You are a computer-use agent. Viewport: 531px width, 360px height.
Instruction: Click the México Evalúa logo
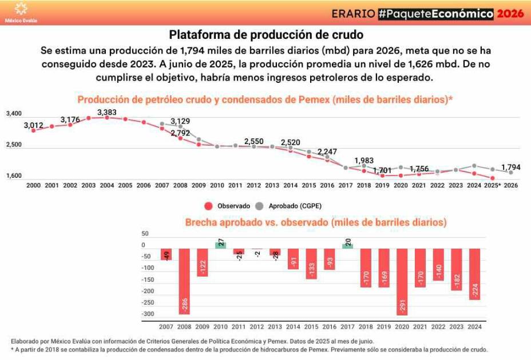tap(21, 12)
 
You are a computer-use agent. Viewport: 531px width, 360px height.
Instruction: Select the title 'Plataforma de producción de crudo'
tap(266, 34)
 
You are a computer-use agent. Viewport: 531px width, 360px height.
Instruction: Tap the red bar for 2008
tap(184, 281)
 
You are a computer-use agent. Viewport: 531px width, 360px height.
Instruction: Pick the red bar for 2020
tap(403, 282)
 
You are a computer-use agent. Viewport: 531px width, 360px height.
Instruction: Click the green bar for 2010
tap(220, 245)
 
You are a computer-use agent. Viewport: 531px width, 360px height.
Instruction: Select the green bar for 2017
tap(348, 246)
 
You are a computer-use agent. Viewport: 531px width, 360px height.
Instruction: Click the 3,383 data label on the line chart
tap(107, 113)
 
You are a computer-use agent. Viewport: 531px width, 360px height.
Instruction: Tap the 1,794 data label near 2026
tap(511, 167)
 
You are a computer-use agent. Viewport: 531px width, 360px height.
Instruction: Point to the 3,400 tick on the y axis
tap(14, 114)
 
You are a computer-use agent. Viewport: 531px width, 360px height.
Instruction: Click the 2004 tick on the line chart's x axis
tap(107, 186)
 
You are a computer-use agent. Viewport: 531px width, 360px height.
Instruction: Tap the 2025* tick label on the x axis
tap(492, 186)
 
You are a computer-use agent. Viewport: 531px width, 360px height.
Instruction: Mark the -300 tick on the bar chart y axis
tap(148, 314)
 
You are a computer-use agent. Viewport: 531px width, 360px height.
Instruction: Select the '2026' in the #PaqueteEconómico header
tap(510, 14)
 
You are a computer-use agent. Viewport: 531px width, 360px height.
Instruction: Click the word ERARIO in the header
tap(353, 14)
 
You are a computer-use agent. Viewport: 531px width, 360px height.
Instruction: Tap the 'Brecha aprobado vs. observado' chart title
tap(315, 222)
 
